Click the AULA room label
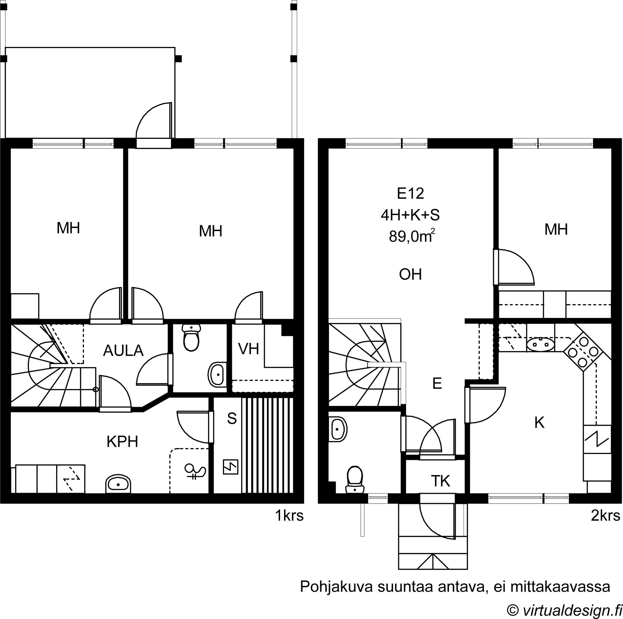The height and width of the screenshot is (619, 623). click(123, 351)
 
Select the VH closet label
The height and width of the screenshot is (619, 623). click(249, 349)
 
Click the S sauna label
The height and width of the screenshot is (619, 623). click(232, 419)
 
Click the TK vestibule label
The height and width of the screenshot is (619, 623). click(440, 481)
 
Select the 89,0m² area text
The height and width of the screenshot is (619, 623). click(412, 236)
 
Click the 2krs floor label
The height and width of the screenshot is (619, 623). click(605, 516)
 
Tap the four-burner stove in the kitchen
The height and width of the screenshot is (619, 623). click(582, 352)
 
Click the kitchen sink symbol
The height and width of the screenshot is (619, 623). click(541, 344)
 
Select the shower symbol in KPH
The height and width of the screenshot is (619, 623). click(194, 471)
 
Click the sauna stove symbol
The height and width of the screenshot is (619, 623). click(231, 467)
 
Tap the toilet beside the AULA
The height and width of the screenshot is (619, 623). click(191, 337)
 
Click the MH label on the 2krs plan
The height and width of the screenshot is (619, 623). click(556, 229)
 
